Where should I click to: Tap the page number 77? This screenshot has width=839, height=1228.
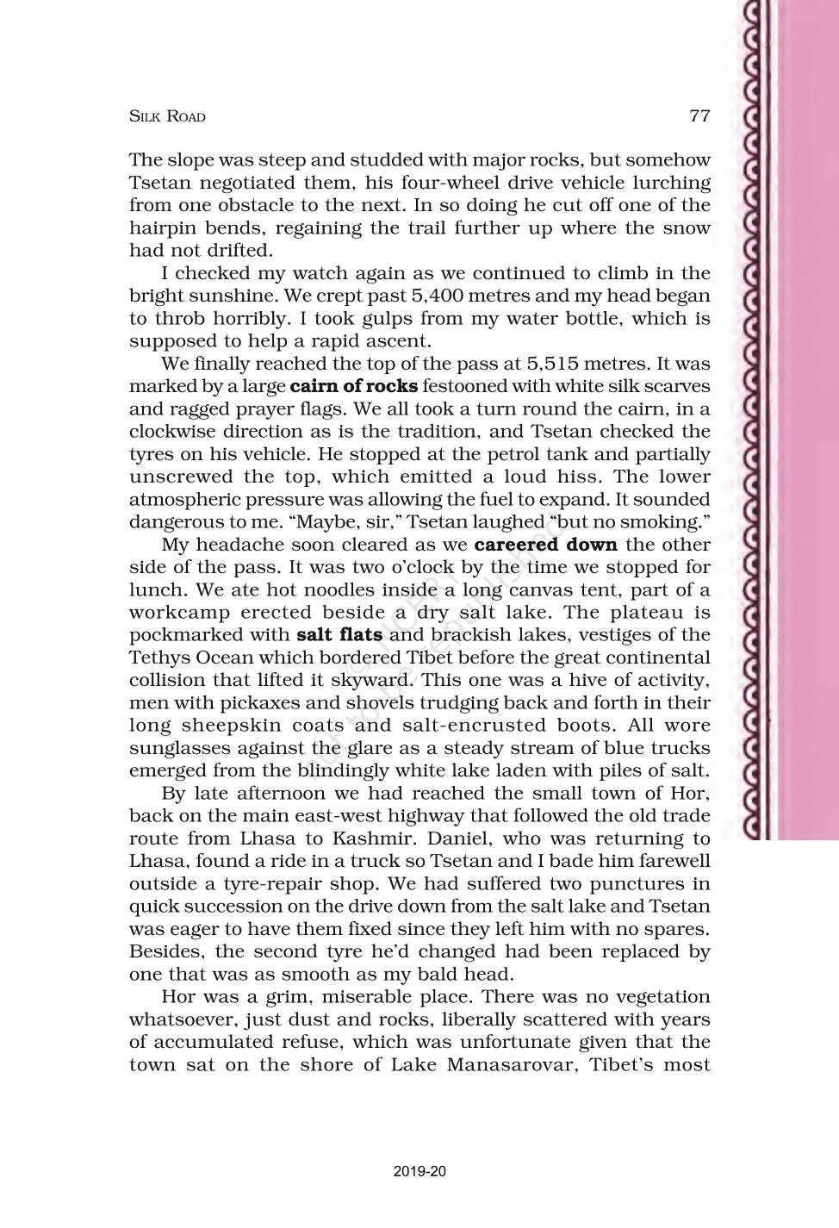[699, 115]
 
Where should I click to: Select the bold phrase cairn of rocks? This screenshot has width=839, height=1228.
[354, 386]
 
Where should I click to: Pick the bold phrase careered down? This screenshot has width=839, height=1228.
[545, 545]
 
